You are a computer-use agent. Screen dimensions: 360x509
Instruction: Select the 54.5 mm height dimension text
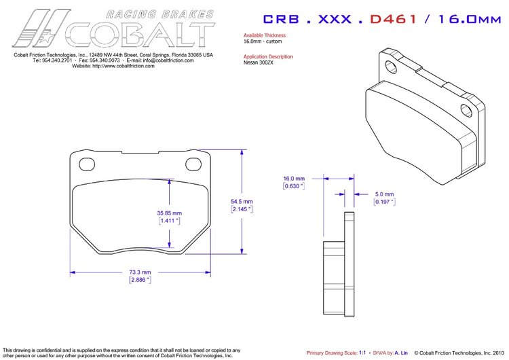(242, 202)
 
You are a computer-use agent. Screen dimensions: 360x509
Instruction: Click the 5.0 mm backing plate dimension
(383, 194)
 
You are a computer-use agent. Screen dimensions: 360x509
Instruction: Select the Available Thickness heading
(265, 35)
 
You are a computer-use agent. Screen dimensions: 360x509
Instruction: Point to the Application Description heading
(269, 56)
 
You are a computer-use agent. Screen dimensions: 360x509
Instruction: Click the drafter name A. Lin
(400, 353)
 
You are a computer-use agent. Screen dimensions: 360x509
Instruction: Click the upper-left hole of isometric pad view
(392, 65)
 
